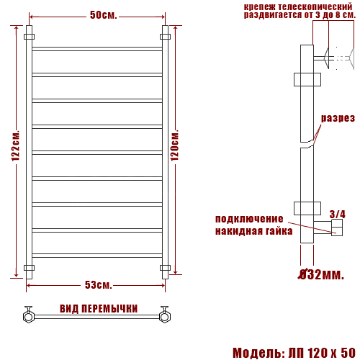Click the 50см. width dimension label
(104, 15)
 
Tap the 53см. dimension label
(99, 285)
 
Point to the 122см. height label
(16, 145)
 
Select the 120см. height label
(175, 145)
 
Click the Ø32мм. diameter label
(321, 274)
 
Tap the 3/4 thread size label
(338, 214)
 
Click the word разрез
(338, 118)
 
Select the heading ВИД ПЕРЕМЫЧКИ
(99, 309)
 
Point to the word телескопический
(315, 6)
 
